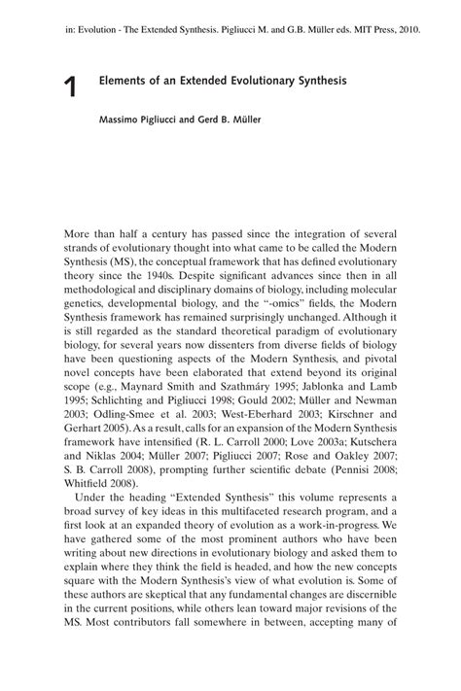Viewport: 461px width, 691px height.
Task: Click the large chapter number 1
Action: click(x=70, y=88)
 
